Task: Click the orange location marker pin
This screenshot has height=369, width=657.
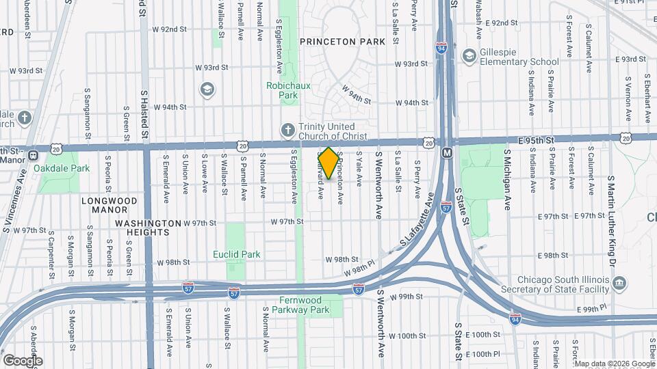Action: click(328, 163)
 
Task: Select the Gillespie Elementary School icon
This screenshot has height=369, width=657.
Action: click(469, 55)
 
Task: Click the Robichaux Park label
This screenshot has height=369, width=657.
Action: click(283, 91)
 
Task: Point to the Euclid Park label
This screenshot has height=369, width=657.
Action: click(236, 254)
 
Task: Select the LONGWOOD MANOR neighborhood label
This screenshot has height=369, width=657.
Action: click(109, 201)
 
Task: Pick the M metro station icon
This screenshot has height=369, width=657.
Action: click(446, 152)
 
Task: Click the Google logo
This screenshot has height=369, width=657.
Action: click(22, 361)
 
